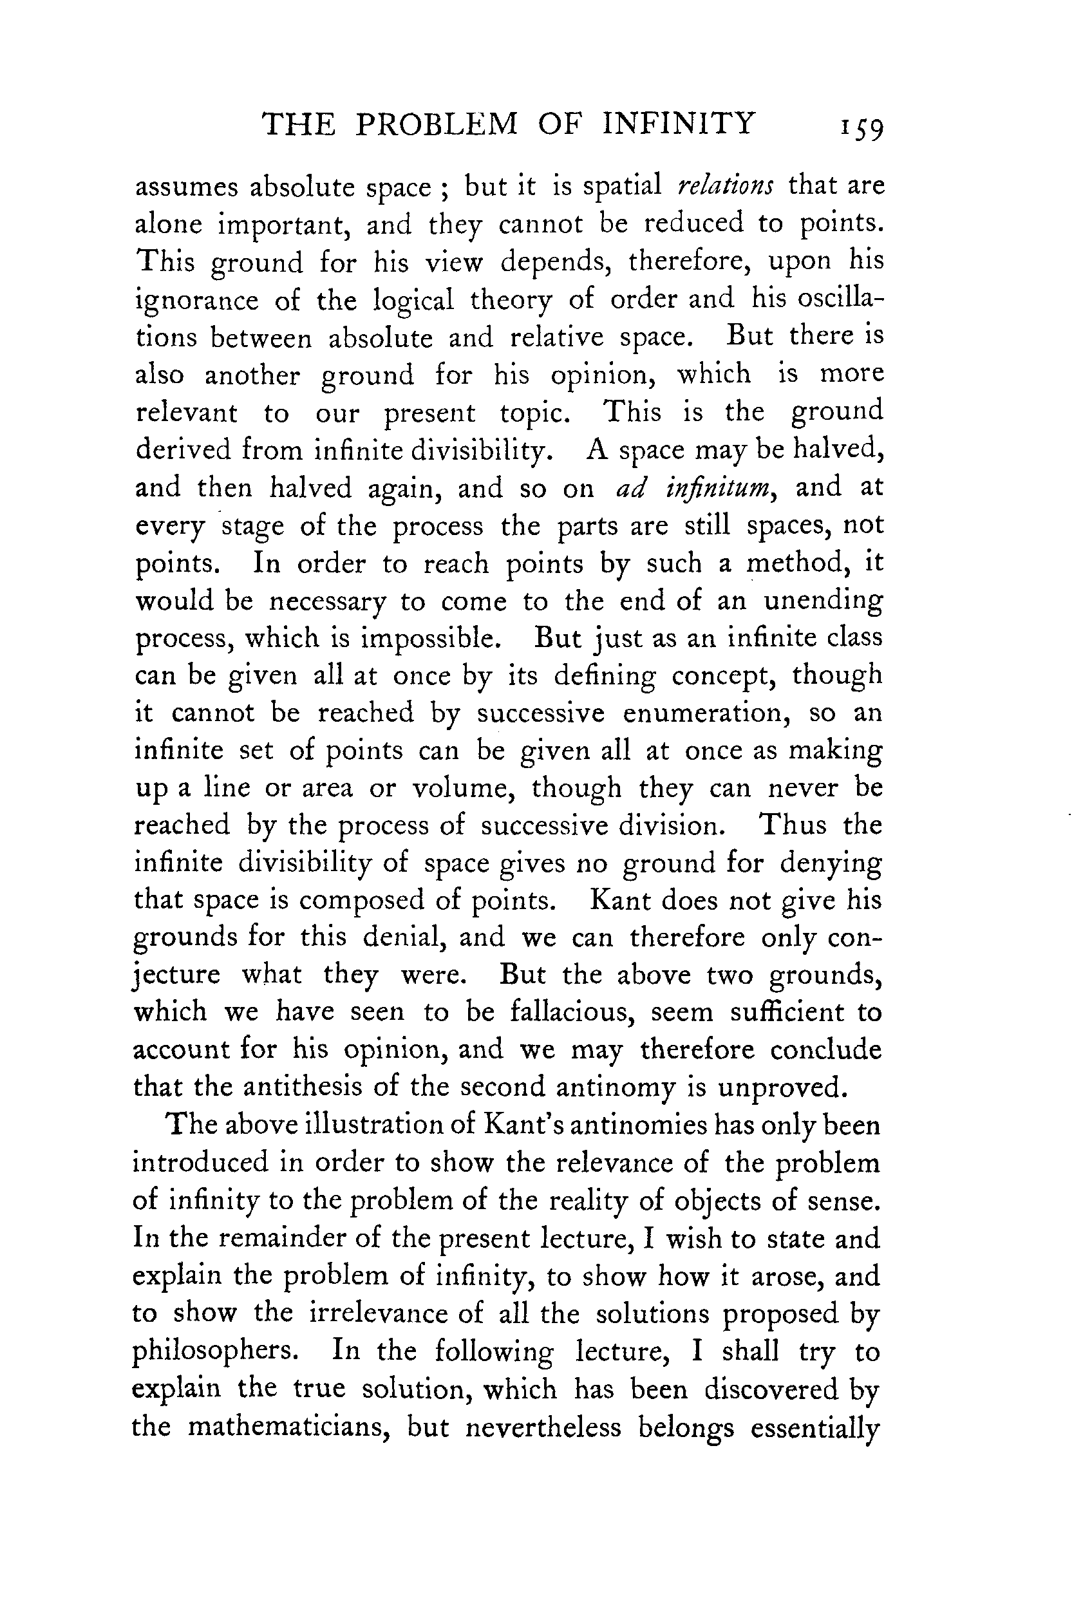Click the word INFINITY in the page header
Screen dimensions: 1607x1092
(x=678, y=124)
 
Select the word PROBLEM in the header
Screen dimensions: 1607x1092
(x=437, y=124)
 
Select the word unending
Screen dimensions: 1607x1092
(x=823, y=601)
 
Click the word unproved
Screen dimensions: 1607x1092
(x=782, y=1087)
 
